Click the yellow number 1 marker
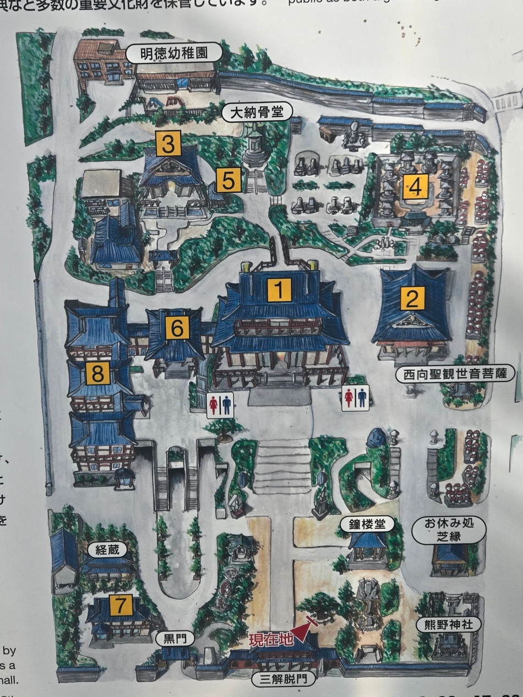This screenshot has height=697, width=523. pyautogui.click(x=279, y=290)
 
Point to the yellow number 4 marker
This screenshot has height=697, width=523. pyautogui.click(x=415, y=187)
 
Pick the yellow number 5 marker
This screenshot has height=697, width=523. pyautogui.click(x=228, y=180)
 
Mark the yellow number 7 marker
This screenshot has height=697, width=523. pyautogui.click(x=121, y=605)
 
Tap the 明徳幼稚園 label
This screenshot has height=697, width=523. pyautogui.click(x=173, y=54)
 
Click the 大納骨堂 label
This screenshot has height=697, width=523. pyautogui.click(x=257, y=113)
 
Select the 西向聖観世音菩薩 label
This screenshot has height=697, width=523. pyautogui.click(x=455, y=375)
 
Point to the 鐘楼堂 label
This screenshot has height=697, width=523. pyautogui.click(x=367, y=523)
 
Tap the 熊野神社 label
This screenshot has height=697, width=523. pyautogui.click(x=449, y=624)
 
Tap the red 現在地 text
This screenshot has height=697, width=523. pyautogui.click(x=269, y=641)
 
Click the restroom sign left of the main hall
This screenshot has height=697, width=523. pyautogui.click(x=220, y=405)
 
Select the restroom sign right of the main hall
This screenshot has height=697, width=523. pyautogui.click(x=355, y=397)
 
